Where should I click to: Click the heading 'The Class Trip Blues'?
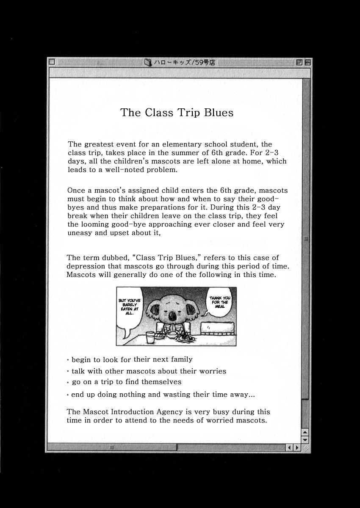click(x=177, y=113)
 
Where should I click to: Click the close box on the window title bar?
click(x=52, y=62)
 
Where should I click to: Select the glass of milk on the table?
click(x=150, y=337)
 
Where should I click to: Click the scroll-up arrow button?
click(x=305, y=432)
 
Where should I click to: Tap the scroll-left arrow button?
click(x=290, y=447)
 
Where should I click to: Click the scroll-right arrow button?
click(x=297, y=447)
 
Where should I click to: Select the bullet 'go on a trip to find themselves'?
click(x=126, y=382)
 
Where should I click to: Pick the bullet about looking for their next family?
click(x=132, y=359)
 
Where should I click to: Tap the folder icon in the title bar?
click(x=147, y=62)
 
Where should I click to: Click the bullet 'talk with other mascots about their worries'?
click(x=149, y=371)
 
